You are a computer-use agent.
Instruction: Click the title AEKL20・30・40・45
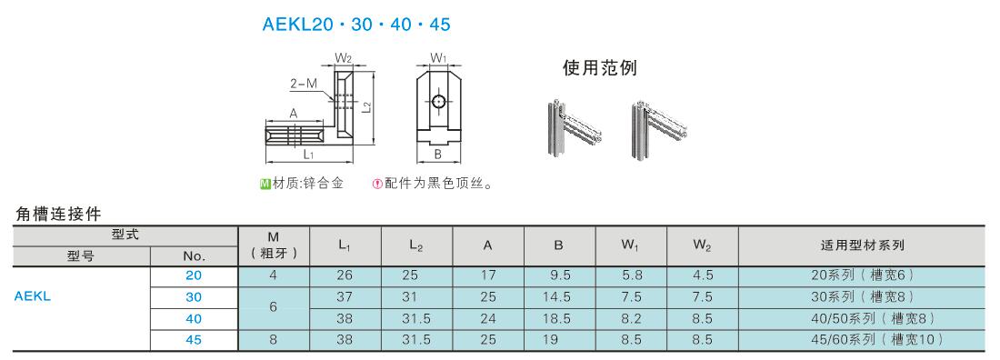click(356, 25)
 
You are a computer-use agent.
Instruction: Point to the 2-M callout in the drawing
click(304, 82)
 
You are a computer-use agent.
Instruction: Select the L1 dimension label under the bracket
click(308, 155)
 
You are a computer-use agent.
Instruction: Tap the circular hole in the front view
click(439, 101)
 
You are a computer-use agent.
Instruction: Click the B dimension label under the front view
click(438, 154)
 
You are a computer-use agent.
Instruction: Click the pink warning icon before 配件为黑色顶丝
click(377, 185)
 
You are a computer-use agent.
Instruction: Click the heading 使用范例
click(599, 67)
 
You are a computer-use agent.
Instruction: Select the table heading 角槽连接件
click(58, 214)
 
